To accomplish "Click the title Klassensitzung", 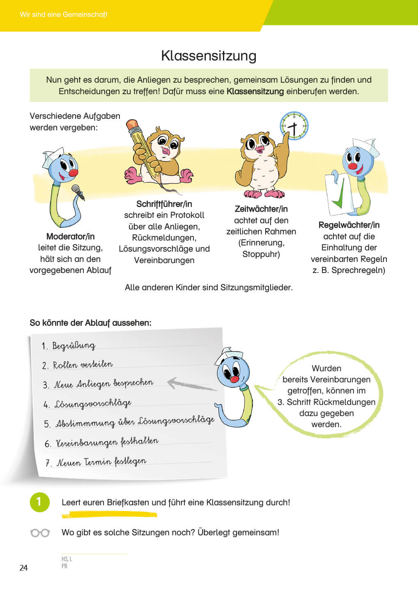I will (x=209, y=55).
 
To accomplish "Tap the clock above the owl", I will (x=294, y=126).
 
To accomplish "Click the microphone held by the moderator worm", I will (x=78, y=192).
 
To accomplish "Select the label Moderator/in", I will (x=70, y=236).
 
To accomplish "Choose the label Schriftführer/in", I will (x=164, y=204).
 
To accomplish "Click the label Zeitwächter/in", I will (x=261, y=209).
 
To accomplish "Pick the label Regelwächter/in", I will (x=349, y=225).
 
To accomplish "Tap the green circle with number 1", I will (x=39, y=502).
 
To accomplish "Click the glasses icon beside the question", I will (x=40, y=533).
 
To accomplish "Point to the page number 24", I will (x=23, y=568).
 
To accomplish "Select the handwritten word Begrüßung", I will (x=74, y=346).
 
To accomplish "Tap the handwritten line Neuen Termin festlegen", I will (x=101, y=462).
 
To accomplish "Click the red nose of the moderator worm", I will (x=73, y=173).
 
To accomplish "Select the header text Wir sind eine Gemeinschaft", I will (x=64, y=14).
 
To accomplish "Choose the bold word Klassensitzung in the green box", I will (x=255, y=91).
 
